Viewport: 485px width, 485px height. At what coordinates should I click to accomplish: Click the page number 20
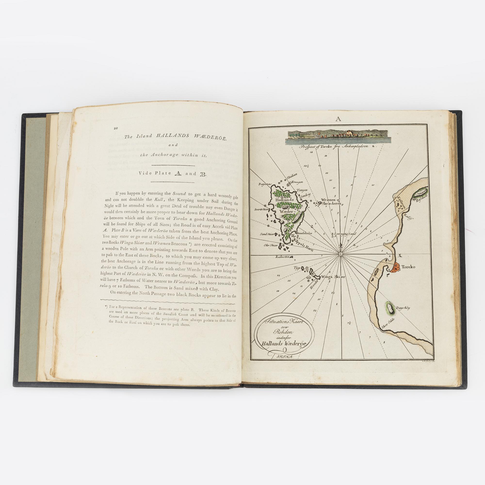tap(116, 128)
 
